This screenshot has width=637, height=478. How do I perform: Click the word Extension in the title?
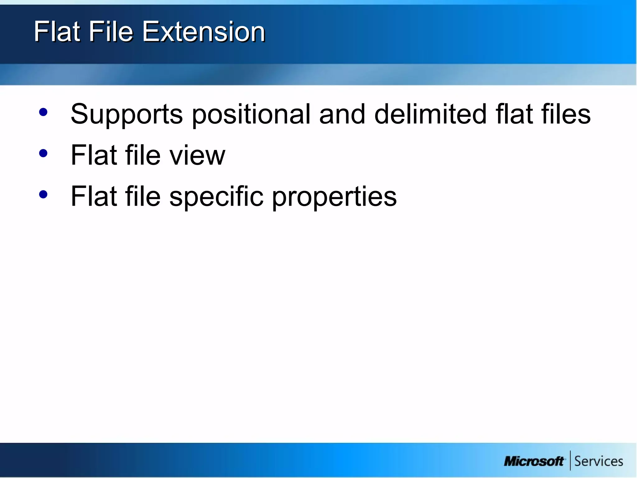[204, 32]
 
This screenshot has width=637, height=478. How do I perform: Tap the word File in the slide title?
[111, 32]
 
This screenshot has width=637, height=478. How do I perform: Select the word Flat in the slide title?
[57, 32]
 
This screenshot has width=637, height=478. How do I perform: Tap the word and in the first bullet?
[342, 114]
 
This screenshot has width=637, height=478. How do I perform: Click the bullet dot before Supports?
[44, 112]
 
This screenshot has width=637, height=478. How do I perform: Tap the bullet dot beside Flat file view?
[44, 153]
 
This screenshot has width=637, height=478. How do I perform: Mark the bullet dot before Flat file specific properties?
[44, 195]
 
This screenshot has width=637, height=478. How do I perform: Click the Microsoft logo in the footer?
[533, 461]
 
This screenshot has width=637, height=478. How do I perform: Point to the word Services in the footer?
[598, 461]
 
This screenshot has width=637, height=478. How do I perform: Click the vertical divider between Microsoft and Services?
[570, 460]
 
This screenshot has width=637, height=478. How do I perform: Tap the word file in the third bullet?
[143, 197]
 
